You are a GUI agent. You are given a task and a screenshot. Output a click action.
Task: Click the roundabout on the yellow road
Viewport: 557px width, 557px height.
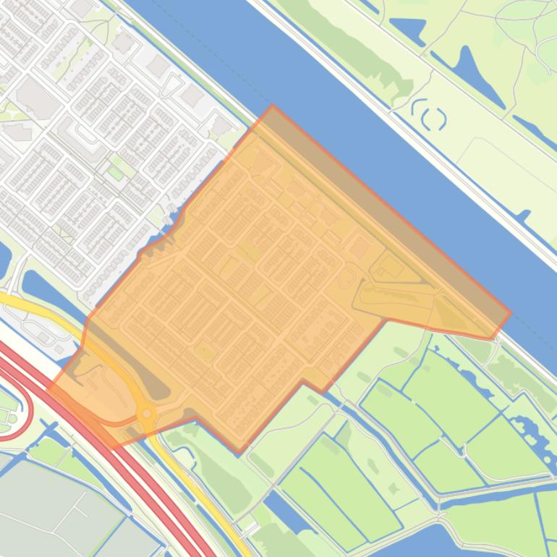(147, 414)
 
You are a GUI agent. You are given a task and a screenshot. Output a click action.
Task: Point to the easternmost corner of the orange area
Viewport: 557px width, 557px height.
(510, 313)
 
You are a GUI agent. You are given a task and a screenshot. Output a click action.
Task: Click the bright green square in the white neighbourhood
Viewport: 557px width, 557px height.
(116, 172)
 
